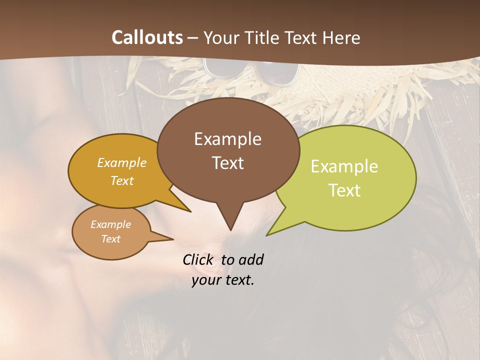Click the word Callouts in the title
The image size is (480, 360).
point(147,37)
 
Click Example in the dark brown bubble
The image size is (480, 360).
point(227,139)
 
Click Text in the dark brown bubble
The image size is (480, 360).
point(227,163)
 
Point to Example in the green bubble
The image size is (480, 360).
point(344,166)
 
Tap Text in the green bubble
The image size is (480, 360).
point(344,190)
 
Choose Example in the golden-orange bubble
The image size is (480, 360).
point(122,163)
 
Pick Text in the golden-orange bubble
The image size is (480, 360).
point(122,181)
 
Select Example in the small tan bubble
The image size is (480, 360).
point(110,224)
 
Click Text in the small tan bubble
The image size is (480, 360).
point(110,239)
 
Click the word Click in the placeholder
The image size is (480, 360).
point(198,259)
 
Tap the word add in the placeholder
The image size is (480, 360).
point(251,259)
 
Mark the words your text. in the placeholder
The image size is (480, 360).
point(223,280)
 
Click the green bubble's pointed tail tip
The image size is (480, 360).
point(267,235)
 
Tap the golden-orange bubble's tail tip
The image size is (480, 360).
point(190,211)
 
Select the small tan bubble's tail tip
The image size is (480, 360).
point(173,239)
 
